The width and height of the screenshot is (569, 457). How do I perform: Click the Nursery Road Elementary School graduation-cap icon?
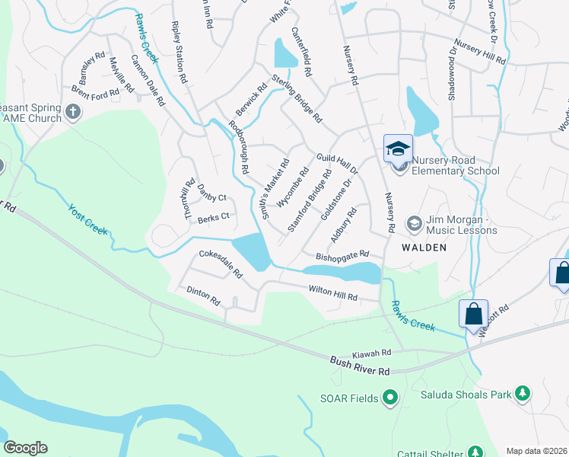pyautogui.click(x=398, y=148)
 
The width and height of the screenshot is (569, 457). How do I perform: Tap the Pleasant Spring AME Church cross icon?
pyautogui.click(x=73, y=113)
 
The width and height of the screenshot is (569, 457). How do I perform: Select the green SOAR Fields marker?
pyautogui.click(x=390, y=396)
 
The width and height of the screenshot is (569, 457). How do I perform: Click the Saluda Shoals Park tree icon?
pyautogui.click(x=522, y=393)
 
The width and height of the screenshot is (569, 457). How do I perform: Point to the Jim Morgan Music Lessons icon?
pyautogui.click(x=414, y=223)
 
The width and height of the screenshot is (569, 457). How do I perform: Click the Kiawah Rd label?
pyautogui.click(x=371, y=354)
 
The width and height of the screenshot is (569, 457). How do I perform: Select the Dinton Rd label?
pyautogui.click(x=203, y=296)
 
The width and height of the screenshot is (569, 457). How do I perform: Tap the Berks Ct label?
pyautogui.click(x=213, y=216)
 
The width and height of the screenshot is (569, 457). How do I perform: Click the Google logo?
pyautogui.click(x=25, y=448)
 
